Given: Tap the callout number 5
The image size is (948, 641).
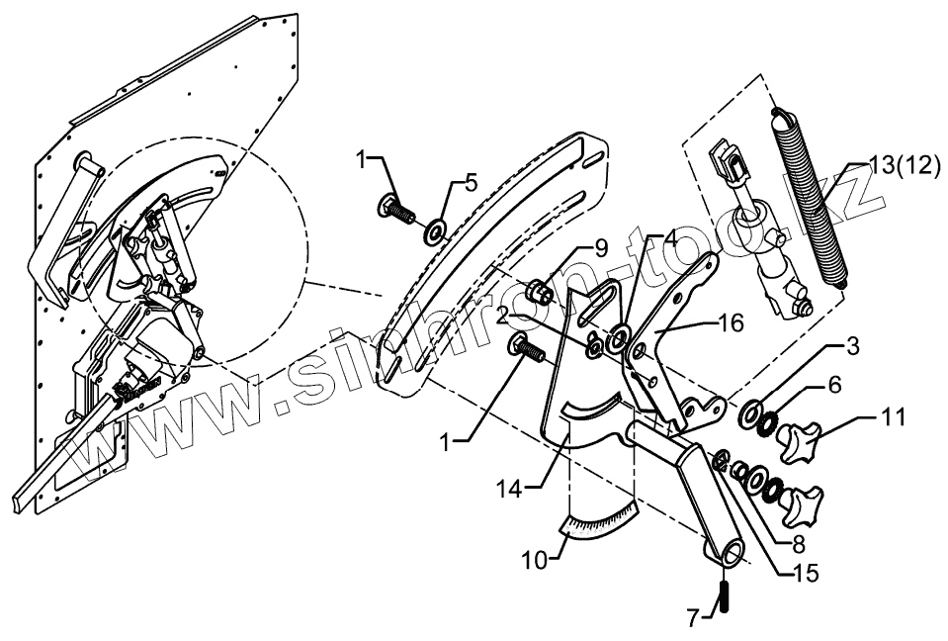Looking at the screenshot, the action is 471,182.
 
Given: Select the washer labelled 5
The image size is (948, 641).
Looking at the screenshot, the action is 434,233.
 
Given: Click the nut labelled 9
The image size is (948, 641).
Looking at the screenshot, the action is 540,292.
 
